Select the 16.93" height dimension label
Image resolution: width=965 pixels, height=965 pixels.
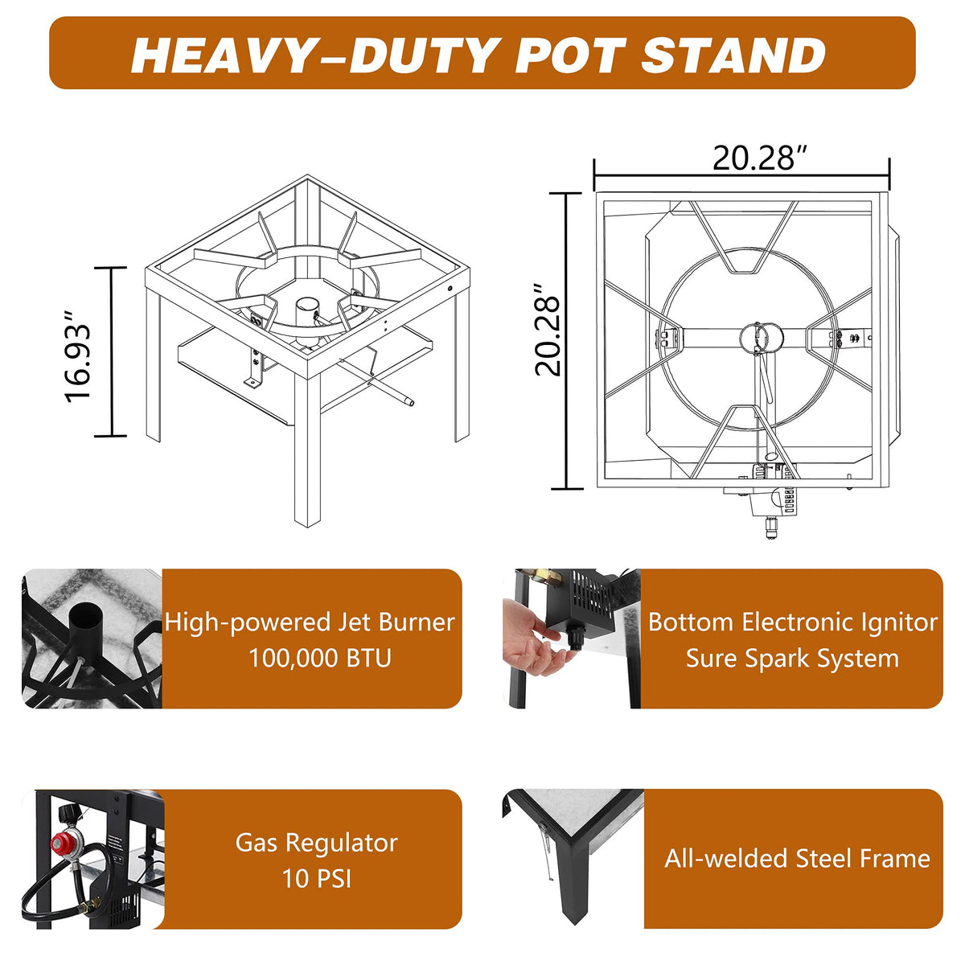point(78,356)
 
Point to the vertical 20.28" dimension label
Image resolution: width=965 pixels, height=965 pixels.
point(547,330)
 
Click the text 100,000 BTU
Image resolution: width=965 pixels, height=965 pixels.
point(320,658)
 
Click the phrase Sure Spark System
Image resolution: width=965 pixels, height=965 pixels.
point(792,658)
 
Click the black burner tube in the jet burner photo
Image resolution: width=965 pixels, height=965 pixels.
point(87,631)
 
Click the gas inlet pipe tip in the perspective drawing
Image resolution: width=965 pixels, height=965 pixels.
point(409,401)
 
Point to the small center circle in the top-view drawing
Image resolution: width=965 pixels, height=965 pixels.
point(759,338)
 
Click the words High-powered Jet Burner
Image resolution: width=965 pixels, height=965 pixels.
point(310,622)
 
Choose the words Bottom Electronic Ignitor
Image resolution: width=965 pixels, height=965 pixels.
point(792,622)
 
